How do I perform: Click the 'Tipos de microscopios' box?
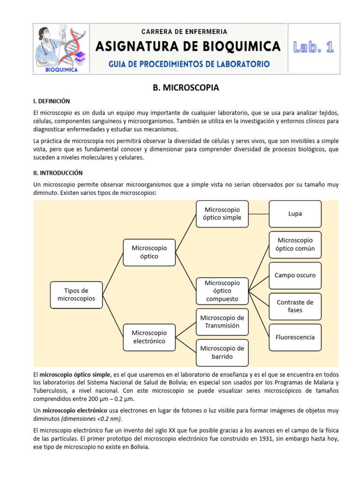pyautogui.click(x=76, y=294)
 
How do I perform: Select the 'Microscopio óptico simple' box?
pyautogui.click(x=222, y=214)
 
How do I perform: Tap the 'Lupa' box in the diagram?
pyautogui.click(x=295, y=214)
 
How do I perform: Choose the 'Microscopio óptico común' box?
pyautogui.click(x=295, y=244)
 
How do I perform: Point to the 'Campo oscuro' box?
pyautogui.click(x=295, y=275)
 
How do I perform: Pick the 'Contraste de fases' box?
pyautogui.click(x=295, y=306)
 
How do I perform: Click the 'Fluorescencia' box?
pyautogui.click(x=295, y=337)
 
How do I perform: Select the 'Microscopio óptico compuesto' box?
pyautogui.click(x=222, y=291)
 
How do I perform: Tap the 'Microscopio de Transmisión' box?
pyautogui.click(x=222, y=322)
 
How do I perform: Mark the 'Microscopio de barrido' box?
pyautogui.click(x=222, y=352)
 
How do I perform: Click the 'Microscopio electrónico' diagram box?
pyautogui.click(x=149, y=337)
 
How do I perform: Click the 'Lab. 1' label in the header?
pyautogui.click(x=313, y=47)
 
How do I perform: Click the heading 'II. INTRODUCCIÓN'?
pyautogui.click(x=58, y=172)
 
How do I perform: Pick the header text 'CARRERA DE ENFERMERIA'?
pyautogui.click(x=184, y=32)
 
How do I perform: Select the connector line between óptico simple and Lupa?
pyautogui.click(x=258, y=214)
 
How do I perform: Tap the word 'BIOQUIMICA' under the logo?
pyautogui.click(x=61, y=70)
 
